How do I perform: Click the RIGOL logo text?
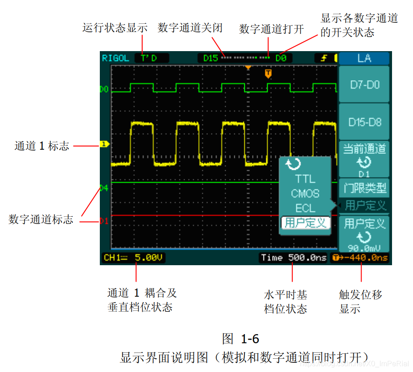point(115,58)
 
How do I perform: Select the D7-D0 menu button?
point(364,84)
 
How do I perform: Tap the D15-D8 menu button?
point(364,122)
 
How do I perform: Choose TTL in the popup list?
point(305,179)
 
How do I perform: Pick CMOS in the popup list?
point(305,194)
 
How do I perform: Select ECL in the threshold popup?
point(305,208)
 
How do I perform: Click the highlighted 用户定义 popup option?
point(305,223)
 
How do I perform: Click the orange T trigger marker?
point(268,73)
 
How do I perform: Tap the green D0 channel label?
point(104,89)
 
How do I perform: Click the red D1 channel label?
point(104,221)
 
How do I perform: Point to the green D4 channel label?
point(104,188)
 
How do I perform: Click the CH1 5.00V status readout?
point(134,258)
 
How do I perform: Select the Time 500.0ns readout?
point(294,258)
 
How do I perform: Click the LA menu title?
point(364,58)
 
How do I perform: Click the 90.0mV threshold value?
point(364,248)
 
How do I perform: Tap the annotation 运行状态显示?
point(115,27)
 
